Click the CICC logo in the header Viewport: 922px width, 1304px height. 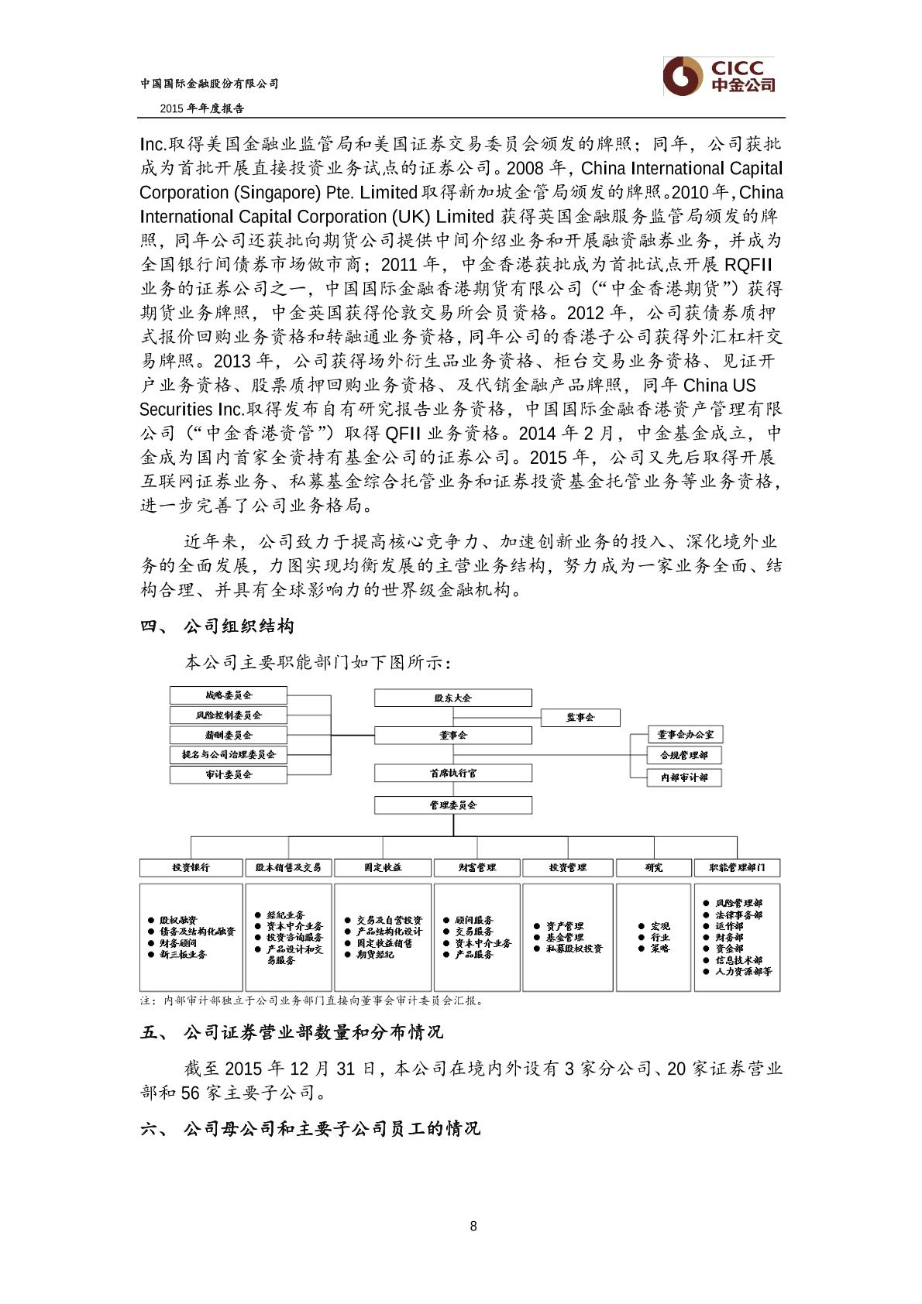tap(718, 76)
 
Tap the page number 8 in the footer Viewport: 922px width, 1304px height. tap(473, 1226)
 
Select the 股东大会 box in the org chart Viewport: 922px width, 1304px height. tap(453, 698)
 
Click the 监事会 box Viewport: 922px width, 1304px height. tap(580, 718)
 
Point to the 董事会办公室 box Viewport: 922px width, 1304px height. tap(685, 734)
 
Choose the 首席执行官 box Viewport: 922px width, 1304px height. tap(453, 773)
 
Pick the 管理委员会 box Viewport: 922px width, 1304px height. tap(453, 805)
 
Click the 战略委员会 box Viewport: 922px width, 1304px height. tap(229, 695)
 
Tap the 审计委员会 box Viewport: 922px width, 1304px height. tap(229, 774)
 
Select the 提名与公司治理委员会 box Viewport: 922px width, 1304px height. tap(229, 754)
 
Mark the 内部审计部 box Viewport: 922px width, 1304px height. tap(685, 777)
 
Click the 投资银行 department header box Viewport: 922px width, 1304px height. tap(191, 867)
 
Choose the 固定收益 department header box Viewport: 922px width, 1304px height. tap(383, 867)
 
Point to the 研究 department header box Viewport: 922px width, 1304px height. tap(653, 867)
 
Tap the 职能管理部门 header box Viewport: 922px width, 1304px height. tap(737, 867)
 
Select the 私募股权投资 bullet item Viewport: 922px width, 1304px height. tap(573, 949)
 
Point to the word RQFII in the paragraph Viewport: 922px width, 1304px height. tap(748, 264)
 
